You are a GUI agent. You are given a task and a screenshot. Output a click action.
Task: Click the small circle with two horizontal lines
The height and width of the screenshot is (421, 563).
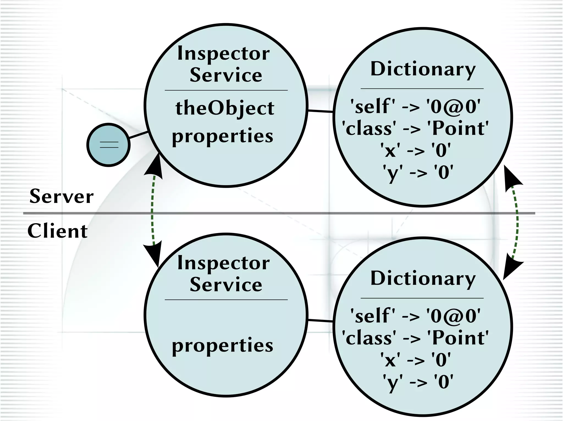point(108,145)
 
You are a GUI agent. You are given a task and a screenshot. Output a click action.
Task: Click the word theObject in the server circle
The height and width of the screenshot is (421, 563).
point(225,108)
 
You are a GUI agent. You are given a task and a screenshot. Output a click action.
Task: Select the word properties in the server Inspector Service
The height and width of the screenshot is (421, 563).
point(223,136)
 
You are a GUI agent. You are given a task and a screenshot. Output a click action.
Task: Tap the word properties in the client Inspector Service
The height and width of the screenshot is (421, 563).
point(223,345)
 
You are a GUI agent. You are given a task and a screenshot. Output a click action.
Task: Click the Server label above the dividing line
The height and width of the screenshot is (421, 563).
point(62,196)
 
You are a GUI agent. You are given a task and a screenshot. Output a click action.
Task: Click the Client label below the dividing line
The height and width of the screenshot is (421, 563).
point(57,231)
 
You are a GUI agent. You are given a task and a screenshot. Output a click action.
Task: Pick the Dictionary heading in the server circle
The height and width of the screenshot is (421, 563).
point(423,69)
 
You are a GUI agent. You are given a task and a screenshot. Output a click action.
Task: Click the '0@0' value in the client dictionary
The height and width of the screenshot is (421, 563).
point(454,316)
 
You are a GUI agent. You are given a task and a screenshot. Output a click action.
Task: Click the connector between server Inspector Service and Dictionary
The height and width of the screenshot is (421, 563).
point(320,111)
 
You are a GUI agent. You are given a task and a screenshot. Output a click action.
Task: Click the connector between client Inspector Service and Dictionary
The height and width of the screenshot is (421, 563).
point(320,320)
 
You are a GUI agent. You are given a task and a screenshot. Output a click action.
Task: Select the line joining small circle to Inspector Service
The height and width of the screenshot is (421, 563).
point(138,135)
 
